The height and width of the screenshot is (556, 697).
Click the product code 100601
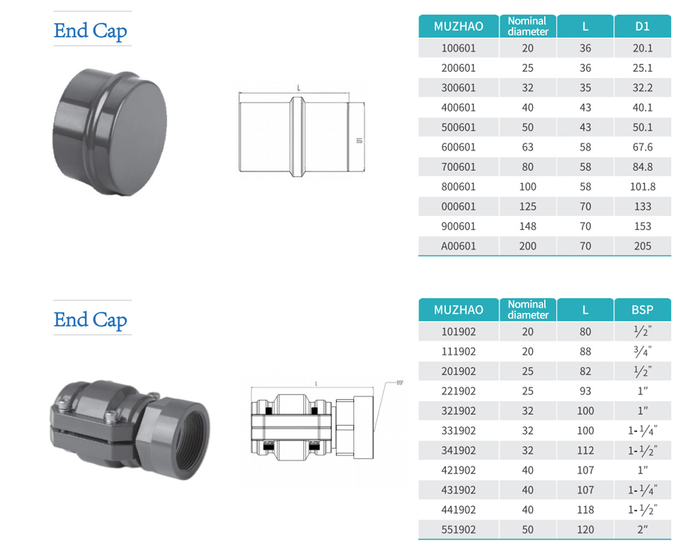[x=458, y=48]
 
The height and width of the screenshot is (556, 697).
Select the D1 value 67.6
[x=642, y=147]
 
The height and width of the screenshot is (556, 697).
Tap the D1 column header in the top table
[x=642, y=26]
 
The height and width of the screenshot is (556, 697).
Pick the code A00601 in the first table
[x=458, y=246]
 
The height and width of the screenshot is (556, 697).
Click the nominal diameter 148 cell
[x=527, y=226]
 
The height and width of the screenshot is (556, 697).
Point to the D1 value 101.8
[x=642, y=187]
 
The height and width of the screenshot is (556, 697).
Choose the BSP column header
[x=642, y=310]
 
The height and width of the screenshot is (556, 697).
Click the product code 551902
[x=458, y=530]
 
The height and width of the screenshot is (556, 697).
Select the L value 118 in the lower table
[x=585, y=510]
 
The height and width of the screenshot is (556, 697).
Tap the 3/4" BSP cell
[x=642, y=351]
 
